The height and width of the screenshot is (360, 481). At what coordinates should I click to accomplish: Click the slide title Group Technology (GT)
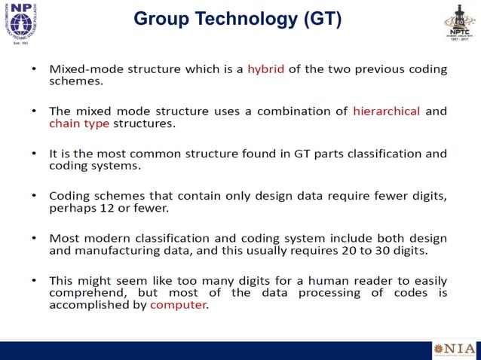point(237,20)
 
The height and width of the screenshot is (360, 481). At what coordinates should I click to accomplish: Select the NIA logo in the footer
point(455,349)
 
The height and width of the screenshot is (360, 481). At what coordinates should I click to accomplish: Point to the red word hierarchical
point(386,111)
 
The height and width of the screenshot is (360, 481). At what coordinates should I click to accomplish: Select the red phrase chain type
point(79,123)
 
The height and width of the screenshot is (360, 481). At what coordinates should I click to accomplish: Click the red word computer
point(178,305)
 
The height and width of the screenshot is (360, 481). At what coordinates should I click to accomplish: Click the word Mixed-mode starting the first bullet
point(87,69)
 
